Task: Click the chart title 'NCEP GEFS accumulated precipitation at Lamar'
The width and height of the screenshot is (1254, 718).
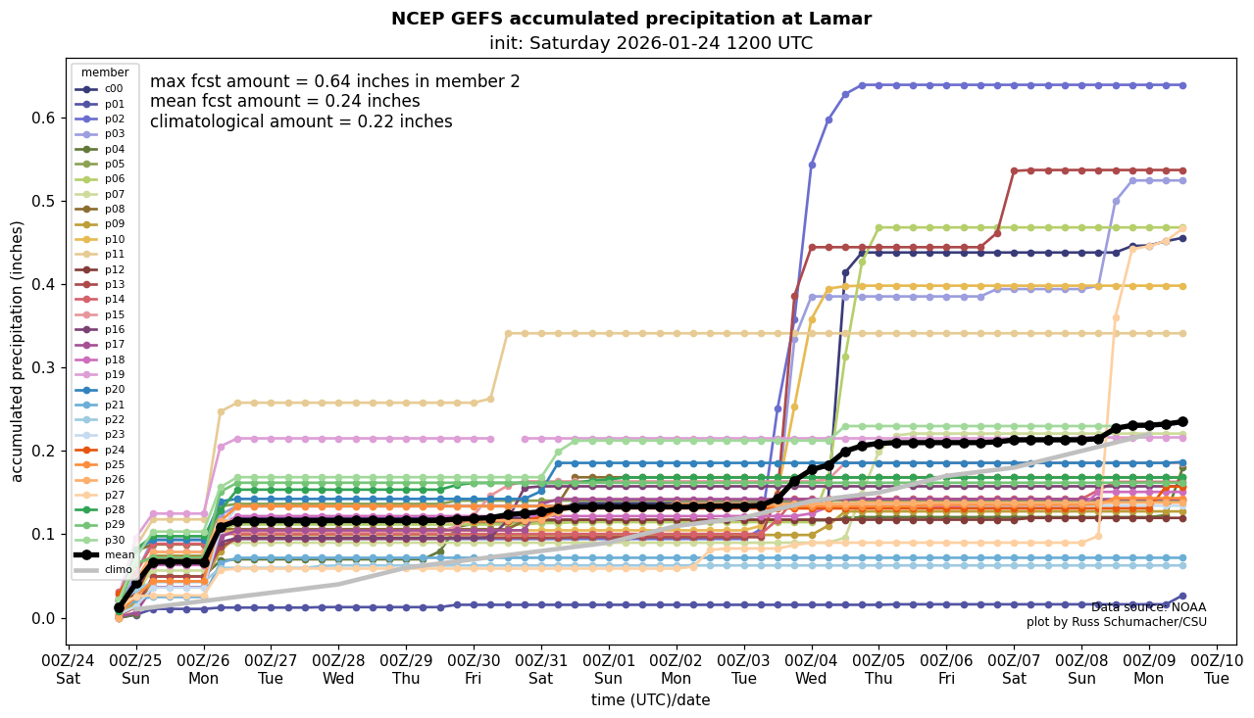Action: coord(630,19)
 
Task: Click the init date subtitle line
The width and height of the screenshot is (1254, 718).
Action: coord(650,43)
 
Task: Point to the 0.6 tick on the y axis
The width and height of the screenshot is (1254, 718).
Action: coord(43,119)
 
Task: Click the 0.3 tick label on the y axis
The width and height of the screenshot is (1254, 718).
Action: coord(43,368)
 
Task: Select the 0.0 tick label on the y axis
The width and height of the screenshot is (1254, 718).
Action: coord(43,618)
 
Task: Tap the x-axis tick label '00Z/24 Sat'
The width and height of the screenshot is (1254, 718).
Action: coord(68,668)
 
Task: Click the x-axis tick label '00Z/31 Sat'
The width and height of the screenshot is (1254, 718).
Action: coord(541,668)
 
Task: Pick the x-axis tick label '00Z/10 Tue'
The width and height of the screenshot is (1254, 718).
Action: coord(1217,668)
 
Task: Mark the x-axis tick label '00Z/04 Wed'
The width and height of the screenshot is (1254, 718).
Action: coord(812,668)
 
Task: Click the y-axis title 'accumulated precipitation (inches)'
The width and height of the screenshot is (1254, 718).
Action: coord(18,351)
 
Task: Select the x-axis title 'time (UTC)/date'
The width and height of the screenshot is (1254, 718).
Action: coord(650,700)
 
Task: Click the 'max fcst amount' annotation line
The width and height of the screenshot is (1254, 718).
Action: coord(334,82)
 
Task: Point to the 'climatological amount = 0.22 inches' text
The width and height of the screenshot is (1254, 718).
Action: coord(301,121)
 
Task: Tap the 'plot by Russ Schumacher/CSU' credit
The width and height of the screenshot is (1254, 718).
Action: coord(1116,622)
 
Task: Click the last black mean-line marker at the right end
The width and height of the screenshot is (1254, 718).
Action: coord(1182,421)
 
